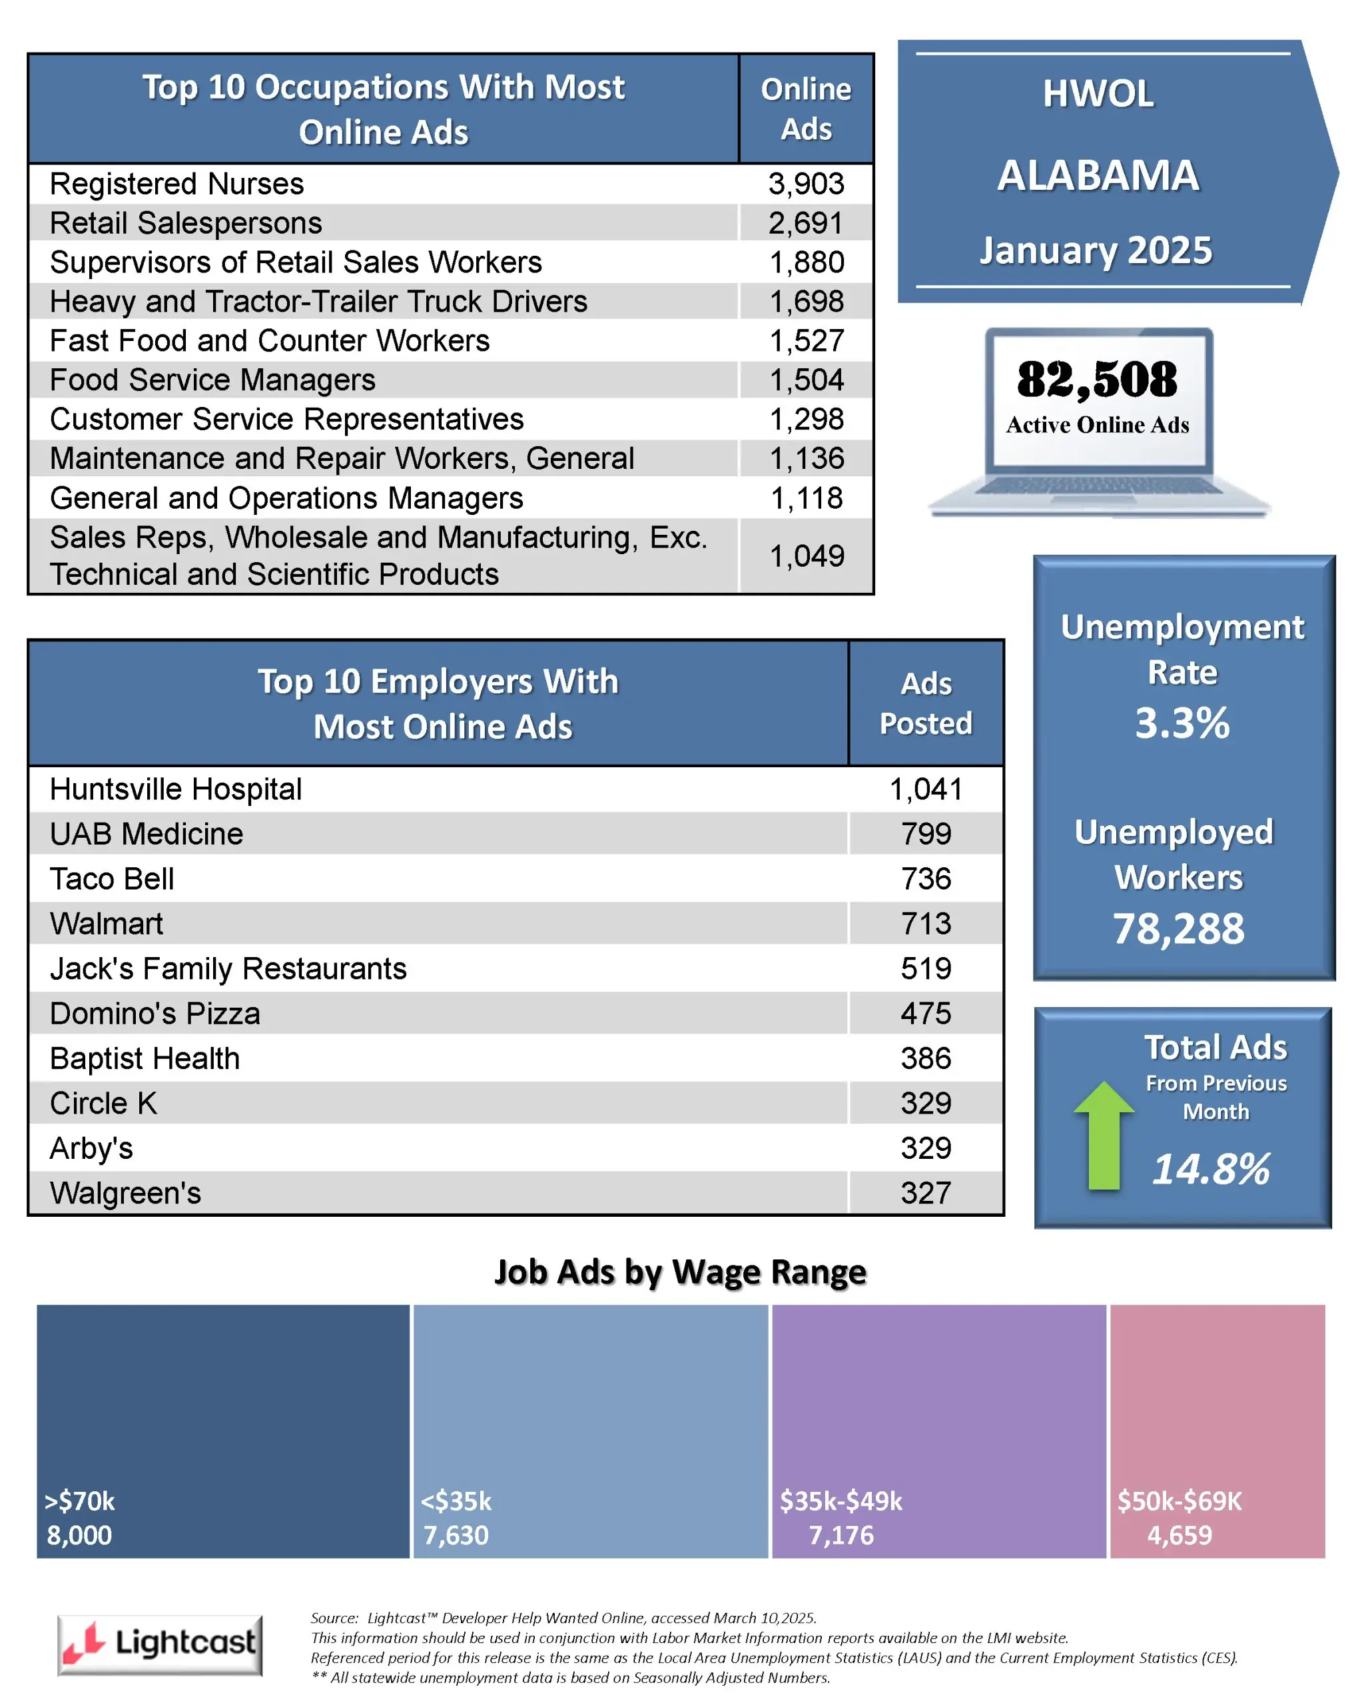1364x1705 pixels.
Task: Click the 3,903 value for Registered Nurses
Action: pos(806,183)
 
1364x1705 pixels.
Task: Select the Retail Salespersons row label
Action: pos(186,223)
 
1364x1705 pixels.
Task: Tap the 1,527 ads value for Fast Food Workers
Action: pos(807,341)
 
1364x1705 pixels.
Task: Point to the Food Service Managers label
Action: pos(212,380)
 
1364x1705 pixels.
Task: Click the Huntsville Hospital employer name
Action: pos(176,789)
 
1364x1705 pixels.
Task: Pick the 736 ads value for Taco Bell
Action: pos(926,878)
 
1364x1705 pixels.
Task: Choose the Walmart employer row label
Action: pos(106,924)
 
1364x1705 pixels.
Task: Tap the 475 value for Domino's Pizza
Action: pos(926,1013)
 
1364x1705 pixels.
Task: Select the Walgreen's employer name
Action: pos(125,1193)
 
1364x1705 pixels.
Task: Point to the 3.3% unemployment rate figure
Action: pos(1182,723)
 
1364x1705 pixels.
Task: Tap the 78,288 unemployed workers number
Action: pos(1178,928)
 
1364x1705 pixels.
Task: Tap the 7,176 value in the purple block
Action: pos(841,1535)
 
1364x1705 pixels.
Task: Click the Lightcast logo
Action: pos(160,1644)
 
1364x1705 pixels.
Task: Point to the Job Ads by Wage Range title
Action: pos(680,1273)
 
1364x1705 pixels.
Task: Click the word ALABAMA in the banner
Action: pos(1098,176)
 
